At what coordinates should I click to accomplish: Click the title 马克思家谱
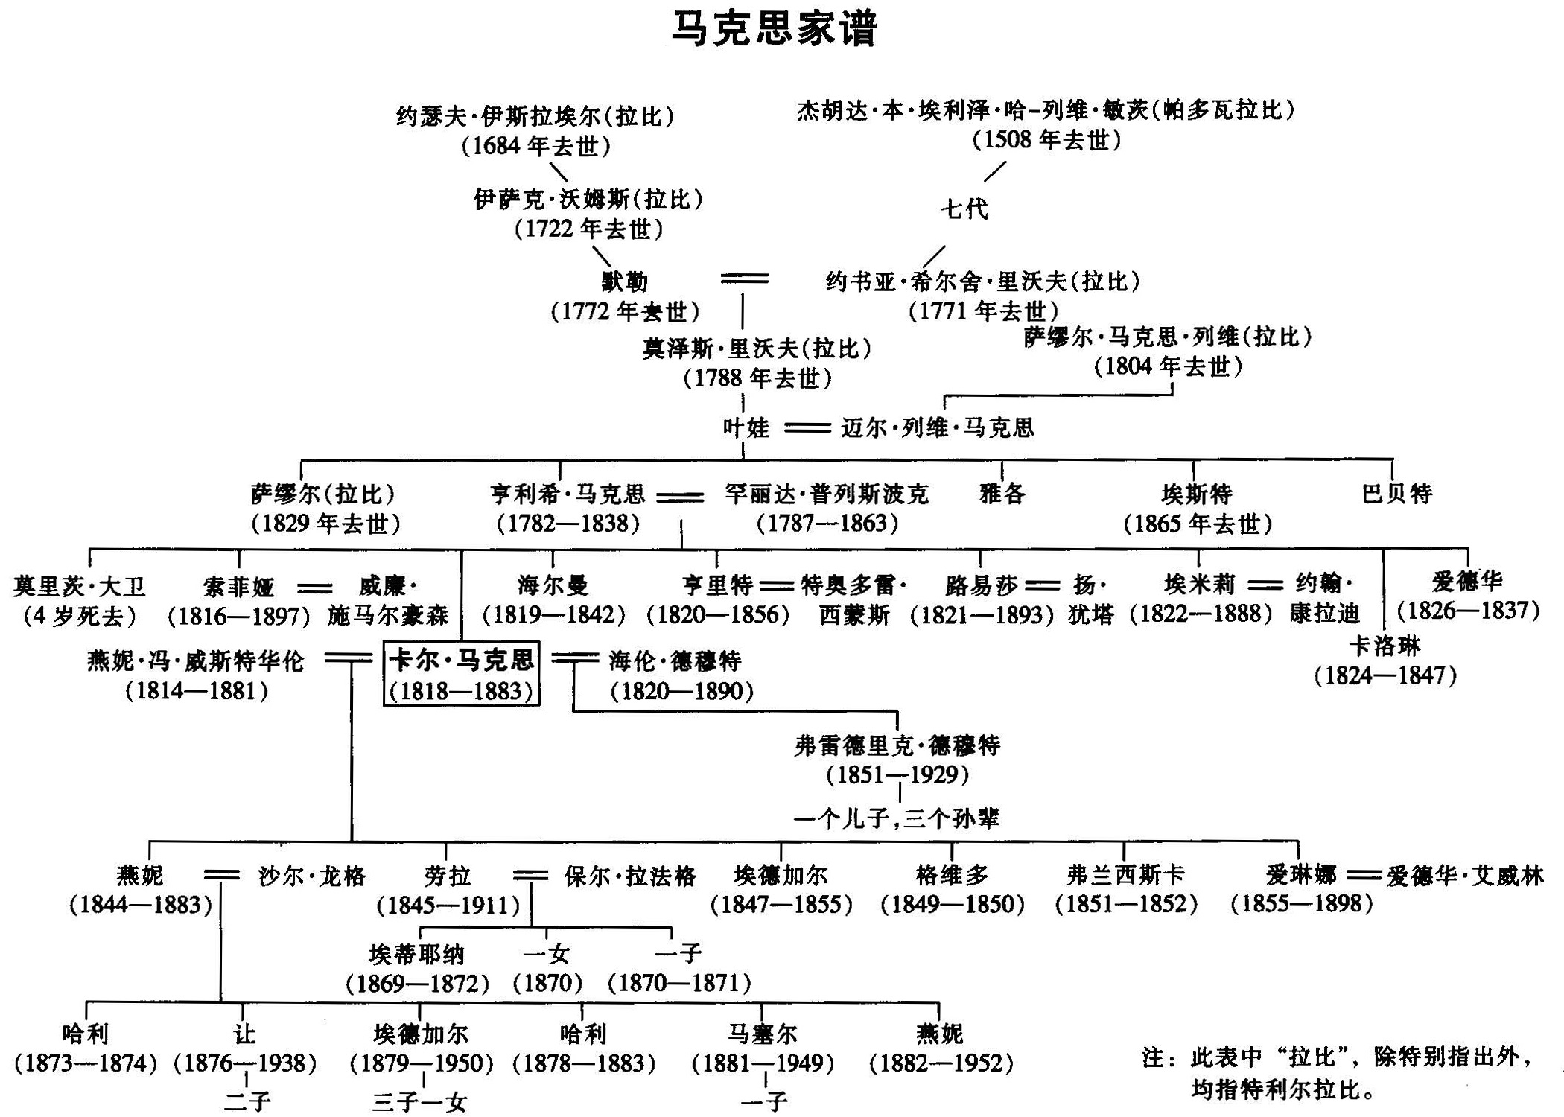[774, 28]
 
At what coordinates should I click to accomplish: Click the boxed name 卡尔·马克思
[462, 660]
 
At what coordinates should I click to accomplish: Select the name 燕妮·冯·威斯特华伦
[196, 661]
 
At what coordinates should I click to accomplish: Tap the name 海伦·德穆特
[675, 661]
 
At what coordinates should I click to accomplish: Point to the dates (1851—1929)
[897, 774]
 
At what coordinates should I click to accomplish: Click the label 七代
[965, 209]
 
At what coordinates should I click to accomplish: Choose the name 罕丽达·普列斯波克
[827, 494]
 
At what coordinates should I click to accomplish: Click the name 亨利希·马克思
[568, 494]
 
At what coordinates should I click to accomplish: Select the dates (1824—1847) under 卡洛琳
[1385, 675]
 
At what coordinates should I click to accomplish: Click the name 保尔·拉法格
[630, 876]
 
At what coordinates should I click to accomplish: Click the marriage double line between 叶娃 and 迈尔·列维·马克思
[808, 428]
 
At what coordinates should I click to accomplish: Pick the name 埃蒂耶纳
[417, 954]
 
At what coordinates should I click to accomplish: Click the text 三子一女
[419, 1101]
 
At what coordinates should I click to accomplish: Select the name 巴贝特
[1397, 493]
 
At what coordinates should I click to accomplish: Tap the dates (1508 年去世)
[1046, 140]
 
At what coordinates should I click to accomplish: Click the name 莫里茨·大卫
[79, 587]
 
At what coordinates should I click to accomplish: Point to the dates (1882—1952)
[941, 1063]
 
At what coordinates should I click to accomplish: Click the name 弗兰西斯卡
[1125, 874]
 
